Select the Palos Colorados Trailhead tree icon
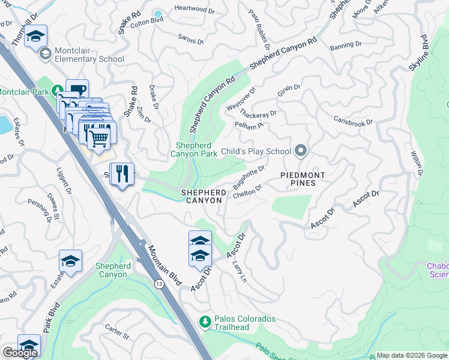[205, 322]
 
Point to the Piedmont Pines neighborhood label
[303, 179]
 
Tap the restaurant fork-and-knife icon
[122, 174]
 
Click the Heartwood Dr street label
[193, 8]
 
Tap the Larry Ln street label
[239, 271]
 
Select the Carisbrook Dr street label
[353, 120]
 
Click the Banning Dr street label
[346, 45]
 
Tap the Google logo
[19, 353]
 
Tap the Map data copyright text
[412, 355]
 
